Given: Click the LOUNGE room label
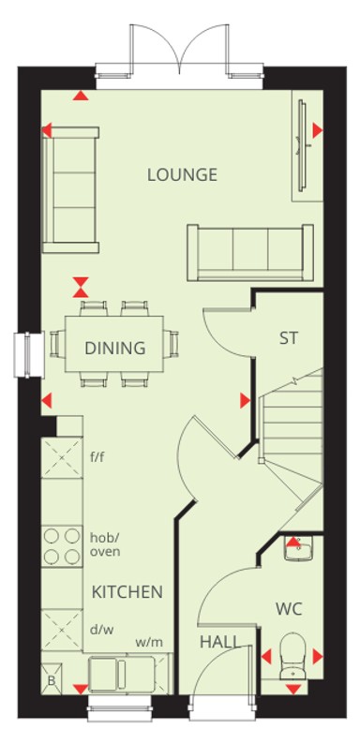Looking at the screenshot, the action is [x=182, y=175].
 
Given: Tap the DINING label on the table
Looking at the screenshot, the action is [x=115, y=348].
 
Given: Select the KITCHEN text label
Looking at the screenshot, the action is [x=127, y=592].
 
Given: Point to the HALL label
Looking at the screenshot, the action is [x=221, y=642].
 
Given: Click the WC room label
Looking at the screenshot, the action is [x=289, y=608].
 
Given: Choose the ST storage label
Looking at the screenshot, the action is [x=289, y=338].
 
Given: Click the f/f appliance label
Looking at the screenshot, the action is [x=97, y=457].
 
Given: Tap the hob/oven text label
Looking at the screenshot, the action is [x=105, y=544].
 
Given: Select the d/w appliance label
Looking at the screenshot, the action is [x=102, y=630].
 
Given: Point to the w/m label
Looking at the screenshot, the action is [x=149, y=643].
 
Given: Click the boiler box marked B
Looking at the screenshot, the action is [x=52, y=679].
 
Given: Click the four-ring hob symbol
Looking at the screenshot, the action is [x=62, y=546].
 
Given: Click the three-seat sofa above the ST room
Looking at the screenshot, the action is [x=250, y=252].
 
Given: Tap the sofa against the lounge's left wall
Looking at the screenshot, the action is [x=70, y=189].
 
